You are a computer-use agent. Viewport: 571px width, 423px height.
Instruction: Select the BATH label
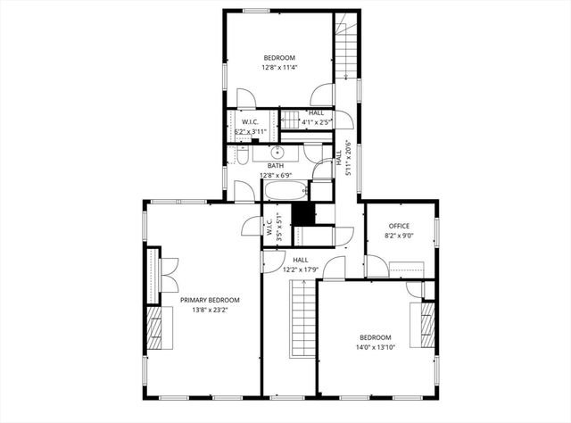276,165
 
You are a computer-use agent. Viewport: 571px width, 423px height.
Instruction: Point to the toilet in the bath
243,157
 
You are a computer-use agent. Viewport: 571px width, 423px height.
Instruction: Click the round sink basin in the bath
277,151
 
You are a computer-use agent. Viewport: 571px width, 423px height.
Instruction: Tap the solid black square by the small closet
304,216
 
